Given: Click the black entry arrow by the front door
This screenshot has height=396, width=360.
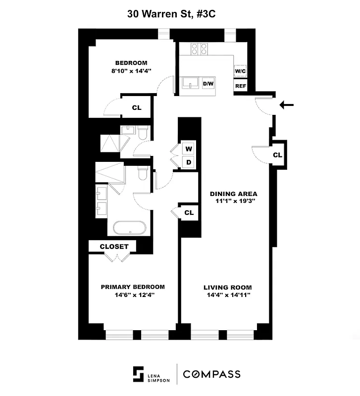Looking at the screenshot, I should pos(287,105).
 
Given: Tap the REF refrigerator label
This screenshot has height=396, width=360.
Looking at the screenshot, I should pos(241,86).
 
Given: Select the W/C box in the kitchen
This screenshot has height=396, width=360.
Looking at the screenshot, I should pos(241,71).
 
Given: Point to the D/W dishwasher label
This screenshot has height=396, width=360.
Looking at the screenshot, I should pos(209,84).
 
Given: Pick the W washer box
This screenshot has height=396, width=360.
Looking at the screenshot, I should pos(189,148).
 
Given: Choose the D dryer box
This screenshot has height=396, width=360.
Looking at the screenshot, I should pos(189,162).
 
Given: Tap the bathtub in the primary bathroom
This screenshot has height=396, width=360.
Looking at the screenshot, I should pos(129,228).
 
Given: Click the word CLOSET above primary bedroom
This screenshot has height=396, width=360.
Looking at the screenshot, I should pos(114,247).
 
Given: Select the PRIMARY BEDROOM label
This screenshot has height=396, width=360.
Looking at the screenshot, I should pos(133,287).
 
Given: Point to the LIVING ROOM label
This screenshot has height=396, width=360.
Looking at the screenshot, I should pos(228,288).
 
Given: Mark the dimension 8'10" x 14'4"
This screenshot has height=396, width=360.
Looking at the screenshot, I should pos(131,71).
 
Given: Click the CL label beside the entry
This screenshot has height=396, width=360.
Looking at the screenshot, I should pos(277,155).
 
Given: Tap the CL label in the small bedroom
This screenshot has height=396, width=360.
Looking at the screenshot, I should pos(137,107).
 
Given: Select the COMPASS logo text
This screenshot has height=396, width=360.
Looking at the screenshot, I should pos(212,374).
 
